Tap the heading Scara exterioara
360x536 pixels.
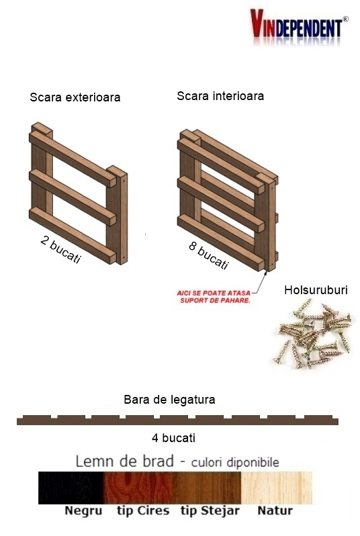click(x=75, y=97)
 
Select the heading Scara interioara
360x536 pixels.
click(x=220, y=96)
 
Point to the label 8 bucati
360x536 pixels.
click(x=209, y=256)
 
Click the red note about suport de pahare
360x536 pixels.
click(x=214, y=297)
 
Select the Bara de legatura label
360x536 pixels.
click(x=169, y=400)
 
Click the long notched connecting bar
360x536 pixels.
click(x=177, y=420)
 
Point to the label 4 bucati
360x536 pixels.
click(x=174, y=438)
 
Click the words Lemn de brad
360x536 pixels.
click(x=124, y=461)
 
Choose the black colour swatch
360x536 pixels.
click(x=71, y=488)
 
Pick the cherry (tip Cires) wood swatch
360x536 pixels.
click(x=139, y=488)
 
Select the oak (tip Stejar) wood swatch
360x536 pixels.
click(x=208, y=488)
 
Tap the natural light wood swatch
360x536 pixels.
click(x=277, y=488)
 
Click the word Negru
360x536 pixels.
click(x=83, y=511)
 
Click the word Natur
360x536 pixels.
click(x=275, y=510)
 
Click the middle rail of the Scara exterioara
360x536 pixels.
click(x=73, y=198)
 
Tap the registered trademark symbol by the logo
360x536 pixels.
click(x=346, y=19)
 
